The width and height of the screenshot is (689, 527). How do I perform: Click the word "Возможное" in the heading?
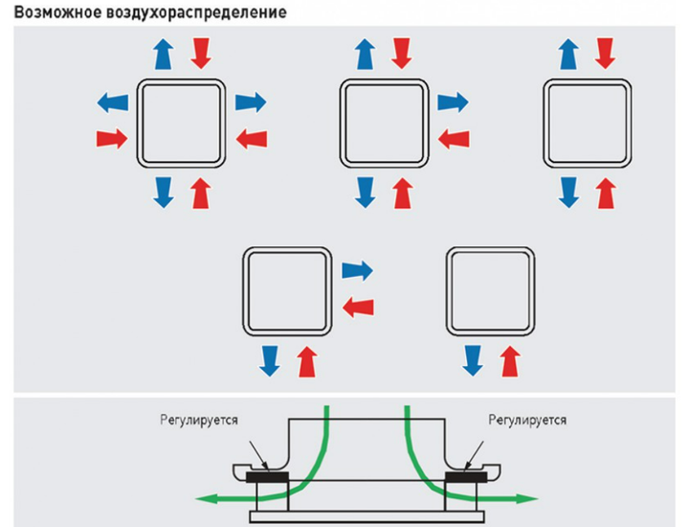pyautogui.click(x=58, y=11)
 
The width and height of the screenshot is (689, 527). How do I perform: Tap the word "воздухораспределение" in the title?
pyautogui.click(x=196, y=12)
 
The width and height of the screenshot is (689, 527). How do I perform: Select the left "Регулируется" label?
pyautogui.click(x=199, y=420)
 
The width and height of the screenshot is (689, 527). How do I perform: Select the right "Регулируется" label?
pyautogui.click(x=527, y=420)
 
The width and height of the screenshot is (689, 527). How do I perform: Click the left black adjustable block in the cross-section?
pyautogui.click(x=267, y=477)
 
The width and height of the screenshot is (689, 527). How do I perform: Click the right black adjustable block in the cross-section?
pyautogui.click(x=466, y=477)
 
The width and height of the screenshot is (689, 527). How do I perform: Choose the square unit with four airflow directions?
pyautogui.click(x=181, y=124)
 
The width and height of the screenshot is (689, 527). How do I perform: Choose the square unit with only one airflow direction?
pyautogui.click(x=490, y=291)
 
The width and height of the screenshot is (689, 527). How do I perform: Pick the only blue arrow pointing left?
pyautogui.click(x=113, y=103)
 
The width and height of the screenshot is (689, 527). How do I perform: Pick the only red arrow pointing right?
pyautogui.click(x=112, y=139)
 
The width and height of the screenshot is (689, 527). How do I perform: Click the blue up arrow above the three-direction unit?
pyautogui.click(x=366, y=54)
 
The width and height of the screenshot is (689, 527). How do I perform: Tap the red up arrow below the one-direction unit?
pyautogui.click(x=510, y=361)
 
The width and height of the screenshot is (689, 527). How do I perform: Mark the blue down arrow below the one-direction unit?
pyautogui.click(x=474, y=360)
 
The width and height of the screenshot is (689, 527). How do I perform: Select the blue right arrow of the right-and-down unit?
pyautogui.click(x=357, y=270)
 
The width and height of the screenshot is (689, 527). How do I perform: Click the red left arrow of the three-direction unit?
pyautogui.click(x=454, y=139)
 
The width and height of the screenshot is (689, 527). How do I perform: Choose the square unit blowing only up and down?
pyautogui.click(x=588, y=124)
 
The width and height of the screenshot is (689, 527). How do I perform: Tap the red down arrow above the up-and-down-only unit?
pyautogui.click(x=606, y=54)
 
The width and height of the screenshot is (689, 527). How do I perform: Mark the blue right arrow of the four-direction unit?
pyautogui.click(x=251, y=103)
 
